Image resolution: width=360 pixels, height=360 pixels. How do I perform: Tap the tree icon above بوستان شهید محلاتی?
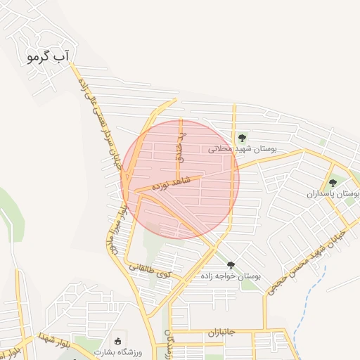click(242, 138)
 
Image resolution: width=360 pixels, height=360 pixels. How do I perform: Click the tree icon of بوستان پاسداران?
click(333, 182)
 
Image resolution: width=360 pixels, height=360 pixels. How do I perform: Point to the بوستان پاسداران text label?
click(333, 193)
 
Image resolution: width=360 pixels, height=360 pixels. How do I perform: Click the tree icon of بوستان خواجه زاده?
click(231, 265)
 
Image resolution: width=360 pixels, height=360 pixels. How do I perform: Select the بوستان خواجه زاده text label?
click(231, 276)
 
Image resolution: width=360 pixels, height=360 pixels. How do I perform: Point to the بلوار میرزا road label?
click(117, 226)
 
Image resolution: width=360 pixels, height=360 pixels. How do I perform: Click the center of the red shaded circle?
click(180, 179)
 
